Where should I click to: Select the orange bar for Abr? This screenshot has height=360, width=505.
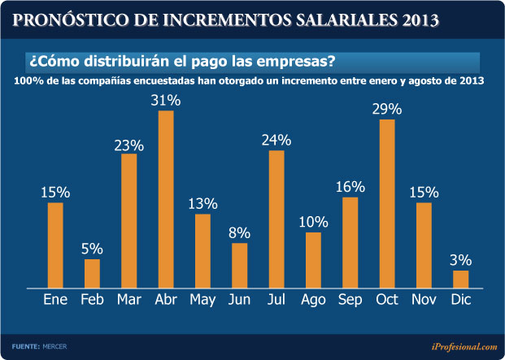pos(166,199)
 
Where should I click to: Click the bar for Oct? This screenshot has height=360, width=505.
pos(387,203)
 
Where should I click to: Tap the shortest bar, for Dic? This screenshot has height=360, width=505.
pos(461,279)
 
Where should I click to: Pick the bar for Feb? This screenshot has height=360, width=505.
pos(92,273)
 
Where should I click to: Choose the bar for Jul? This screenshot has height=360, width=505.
pos(276,219)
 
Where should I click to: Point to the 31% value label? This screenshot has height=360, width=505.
pos(166,100)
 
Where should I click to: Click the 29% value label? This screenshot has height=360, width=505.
pos(387,109)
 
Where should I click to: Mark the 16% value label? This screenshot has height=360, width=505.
pos(350,187)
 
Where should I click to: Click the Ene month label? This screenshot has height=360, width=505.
pos(55,300)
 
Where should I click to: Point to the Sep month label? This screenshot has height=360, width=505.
pos(350,300)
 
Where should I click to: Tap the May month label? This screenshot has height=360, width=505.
pos(202,300)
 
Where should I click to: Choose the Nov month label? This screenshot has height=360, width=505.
pos(424,300)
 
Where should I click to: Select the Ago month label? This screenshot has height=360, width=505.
pos(313,300)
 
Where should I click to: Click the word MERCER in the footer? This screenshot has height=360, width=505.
pos(55,346)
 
